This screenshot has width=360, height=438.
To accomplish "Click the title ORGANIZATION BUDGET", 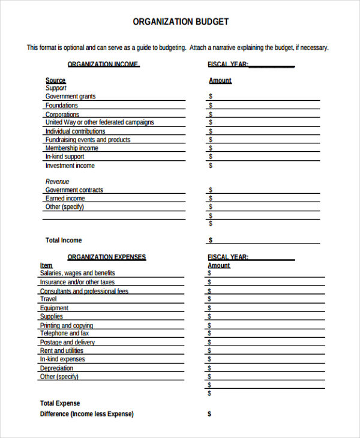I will click(180, 22).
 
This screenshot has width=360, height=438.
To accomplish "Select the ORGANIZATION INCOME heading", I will click(103, 64).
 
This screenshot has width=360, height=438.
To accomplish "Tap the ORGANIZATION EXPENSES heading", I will click(106, 257).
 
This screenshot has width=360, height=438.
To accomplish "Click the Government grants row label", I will click(70, 97).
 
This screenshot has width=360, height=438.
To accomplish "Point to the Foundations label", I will click(62, 106).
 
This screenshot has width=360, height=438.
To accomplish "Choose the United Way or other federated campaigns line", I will click(100, 122).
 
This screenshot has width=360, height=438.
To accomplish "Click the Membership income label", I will click(72, 148).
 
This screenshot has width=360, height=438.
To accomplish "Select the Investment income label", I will click(70, 166).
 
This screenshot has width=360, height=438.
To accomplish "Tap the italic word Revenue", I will click(58, 181).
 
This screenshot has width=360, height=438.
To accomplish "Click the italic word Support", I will click(56, 88).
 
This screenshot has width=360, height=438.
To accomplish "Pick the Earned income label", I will click(65, 199).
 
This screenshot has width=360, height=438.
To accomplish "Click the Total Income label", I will click(64, 240).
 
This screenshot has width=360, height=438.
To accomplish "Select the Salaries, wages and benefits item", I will click(77, 274).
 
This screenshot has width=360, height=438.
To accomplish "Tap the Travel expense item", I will click(49, 299).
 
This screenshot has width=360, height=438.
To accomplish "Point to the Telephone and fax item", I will click(64, 334).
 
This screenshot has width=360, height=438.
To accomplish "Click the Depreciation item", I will click(56, 368).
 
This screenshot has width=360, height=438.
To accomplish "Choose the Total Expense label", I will click(60, 403).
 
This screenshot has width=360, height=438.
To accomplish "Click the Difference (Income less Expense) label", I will click(87, 414).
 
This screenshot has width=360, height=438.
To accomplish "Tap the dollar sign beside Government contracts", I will click(211, 190).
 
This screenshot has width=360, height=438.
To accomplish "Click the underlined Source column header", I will click(55, 80).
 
